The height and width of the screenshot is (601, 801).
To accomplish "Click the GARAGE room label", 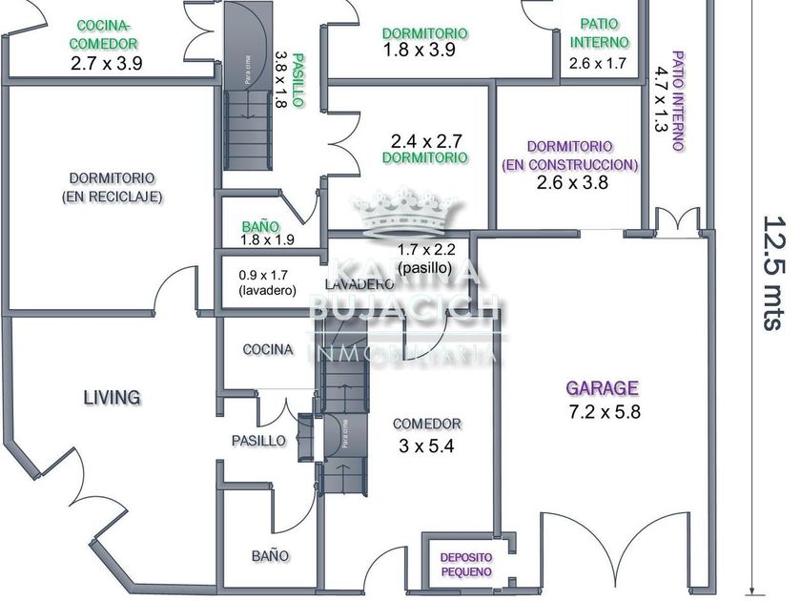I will pos(602,388).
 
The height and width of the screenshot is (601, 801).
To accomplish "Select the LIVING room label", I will pos(112,397).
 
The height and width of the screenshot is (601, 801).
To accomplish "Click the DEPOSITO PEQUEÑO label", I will pos(465,565).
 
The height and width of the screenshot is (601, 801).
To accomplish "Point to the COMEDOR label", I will pos(426,424).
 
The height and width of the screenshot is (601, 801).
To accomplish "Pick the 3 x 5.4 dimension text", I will pos(426,445).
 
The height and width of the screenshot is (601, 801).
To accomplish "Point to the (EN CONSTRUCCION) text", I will pos(569,164).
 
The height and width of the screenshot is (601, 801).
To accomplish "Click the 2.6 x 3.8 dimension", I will pos(569,183).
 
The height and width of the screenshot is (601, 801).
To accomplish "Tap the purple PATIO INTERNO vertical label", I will pos(677,100).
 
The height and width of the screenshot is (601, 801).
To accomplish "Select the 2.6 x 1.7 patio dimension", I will pos(598,64).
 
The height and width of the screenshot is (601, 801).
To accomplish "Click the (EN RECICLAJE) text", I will pos(112,197).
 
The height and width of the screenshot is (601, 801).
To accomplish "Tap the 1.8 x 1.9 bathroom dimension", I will pos(267,240).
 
